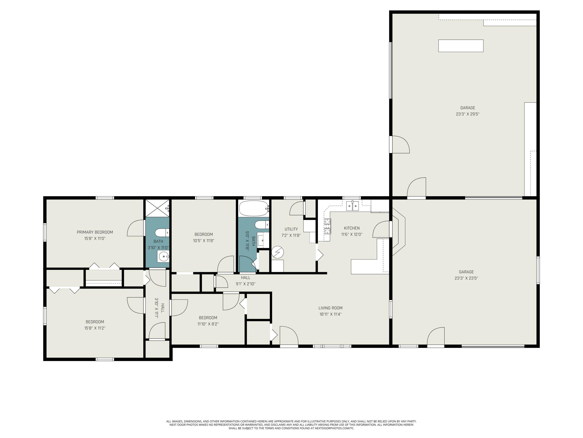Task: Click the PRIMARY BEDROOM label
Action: click(95, 232)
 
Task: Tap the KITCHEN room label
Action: click(352, 228)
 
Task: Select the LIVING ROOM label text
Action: click(330, 308)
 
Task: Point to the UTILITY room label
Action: click(291, 229)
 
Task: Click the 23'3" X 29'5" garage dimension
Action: click(468, 114)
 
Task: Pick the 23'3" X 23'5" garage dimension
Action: click(466, 278)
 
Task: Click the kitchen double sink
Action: click(352, 206)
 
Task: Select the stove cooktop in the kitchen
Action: click(327, 226)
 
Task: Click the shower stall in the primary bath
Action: click(157, 208)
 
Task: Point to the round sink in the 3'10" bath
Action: click(164, 256)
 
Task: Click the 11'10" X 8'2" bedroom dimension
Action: click(208, 324)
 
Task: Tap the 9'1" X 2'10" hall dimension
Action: click(245, 284)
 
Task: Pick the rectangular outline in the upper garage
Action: click(461, 46)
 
